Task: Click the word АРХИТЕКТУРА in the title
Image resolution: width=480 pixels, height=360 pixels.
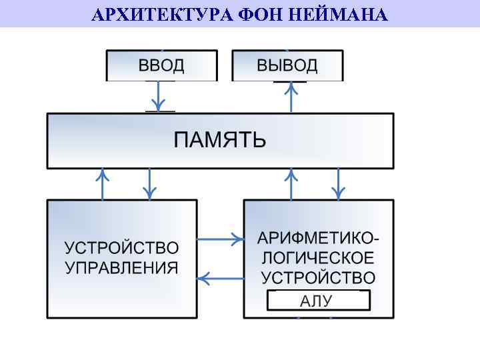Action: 159,14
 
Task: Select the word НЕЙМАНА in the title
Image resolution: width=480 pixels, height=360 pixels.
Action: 339,14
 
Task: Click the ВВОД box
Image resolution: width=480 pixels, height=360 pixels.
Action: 161,66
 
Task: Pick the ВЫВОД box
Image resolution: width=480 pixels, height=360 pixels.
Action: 287,66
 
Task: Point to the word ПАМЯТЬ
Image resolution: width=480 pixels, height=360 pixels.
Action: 220,140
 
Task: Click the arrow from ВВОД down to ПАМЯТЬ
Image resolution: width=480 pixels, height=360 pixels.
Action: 158,97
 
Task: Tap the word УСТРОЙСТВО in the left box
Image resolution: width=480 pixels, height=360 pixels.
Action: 121,249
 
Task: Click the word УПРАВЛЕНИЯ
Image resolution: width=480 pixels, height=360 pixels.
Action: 121,268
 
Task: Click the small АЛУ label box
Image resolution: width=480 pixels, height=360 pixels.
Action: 318,301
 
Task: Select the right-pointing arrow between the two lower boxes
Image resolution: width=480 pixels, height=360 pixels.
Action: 220,238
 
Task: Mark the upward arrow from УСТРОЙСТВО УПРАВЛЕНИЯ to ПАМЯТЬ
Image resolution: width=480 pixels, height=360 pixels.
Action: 103,184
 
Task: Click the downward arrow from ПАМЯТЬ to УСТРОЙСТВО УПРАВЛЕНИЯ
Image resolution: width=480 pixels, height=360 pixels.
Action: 149,184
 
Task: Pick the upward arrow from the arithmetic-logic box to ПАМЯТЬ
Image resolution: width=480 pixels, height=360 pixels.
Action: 291,184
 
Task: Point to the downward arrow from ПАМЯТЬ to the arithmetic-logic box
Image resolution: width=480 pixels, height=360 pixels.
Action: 338,184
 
